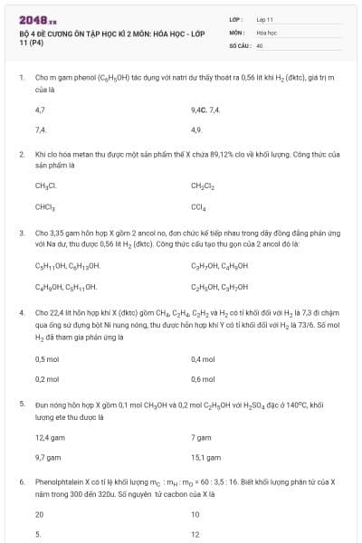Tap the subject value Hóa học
pyautogui.click(x=265, y=32)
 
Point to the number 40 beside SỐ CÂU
pyautogui.click(x=260, y=44)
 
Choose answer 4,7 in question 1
pyautogui.click(x=40, y=109)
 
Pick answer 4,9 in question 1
pyautogui.click(x=195, y=129)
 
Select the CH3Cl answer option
pyautogui.click(x=45, y=186)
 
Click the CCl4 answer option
pyautogui.click(x=199, y=207)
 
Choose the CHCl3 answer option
pyautogui.click(x=46, y=207)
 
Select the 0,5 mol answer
pyautogui.click(x=47, y=358)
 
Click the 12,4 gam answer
pyautogui.click(x=49, y=437)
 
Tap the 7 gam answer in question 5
pyautogui.click(x=202, y=437)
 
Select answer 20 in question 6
pyautogui.click(x=40, y=514)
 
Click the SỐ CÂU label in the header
pyautogui.click(x=239, y=44)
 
